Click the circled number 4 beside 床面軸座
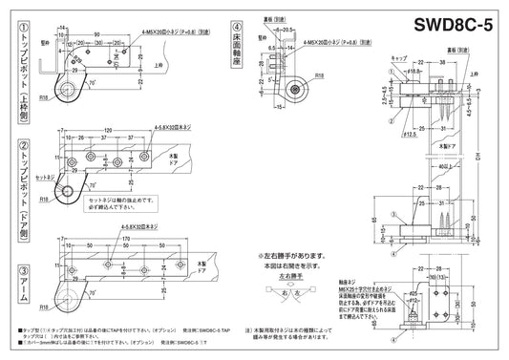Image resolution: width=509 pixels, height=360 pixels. point(236,26)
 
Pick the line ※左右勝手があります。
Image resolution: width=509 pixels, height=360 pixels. point(292,256)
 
